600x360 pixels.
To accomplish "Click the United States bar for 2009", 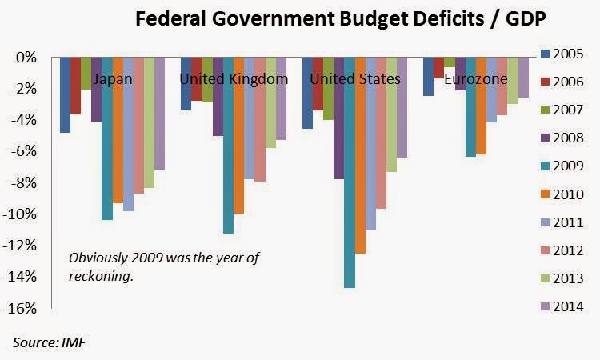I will tap(349, 172).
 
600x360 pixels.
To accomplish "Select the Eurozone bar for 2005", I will tap(428, 76).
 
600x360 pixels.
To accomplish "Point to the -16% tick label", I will tap(24, 308).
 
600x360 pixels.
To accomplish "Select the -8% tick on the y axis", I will tap(26, 182).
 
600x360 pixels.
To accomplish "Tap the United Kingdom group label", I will tap(233, 79).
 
